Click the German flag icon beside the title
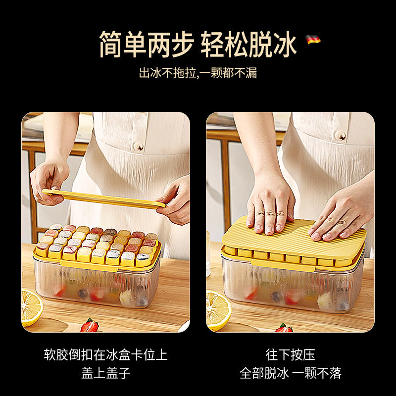(x=313, y=39)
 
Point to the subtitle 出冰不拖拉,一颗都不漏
(x=198, y=73)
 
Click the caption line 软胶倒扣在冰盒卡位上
(x=105, y=355)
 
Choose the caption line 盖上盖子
(x=105, y=373)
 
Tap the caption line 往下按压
(x=290, y=355)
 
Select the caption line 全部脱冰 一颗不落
(x=290, y=373)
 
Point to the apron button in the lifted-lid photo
(x=140, y=146)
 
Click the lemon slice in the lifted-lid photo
(x=31, y=306)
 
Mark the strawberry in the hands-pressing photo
(x=284, y=327)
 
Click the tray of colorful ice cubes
(x=98, y=245)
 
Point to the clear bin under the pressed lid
(x=292, y=287)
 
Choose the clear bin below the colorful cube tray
(x=97, y=287)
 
